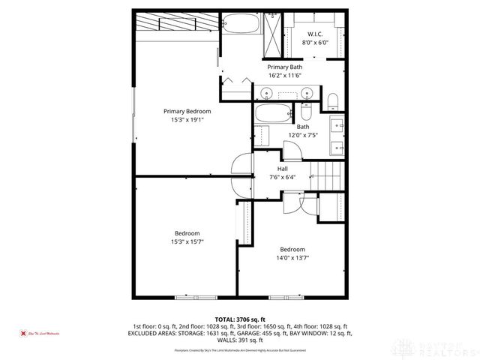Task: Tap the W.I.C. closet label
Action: [x=315, y=35]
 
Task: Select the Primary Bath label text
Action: [x=284, y=67]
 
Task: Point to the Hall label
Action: [x=282, y=169]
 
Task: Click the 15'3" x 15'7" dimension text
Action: [x=187, y=241]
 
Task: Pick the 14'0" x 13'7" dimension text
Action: [x=292, y=257]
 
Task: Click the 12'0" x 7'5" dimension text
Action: [x=304, y=135]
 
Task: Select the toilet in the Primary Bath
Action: [x=333, y=101]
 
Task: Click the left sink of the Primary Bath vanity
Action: [x=267, y=94]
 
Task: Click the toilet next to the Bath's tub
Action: [x=262, y=136]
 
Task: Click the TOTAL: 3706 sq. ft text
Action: [x=240, y=319]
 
